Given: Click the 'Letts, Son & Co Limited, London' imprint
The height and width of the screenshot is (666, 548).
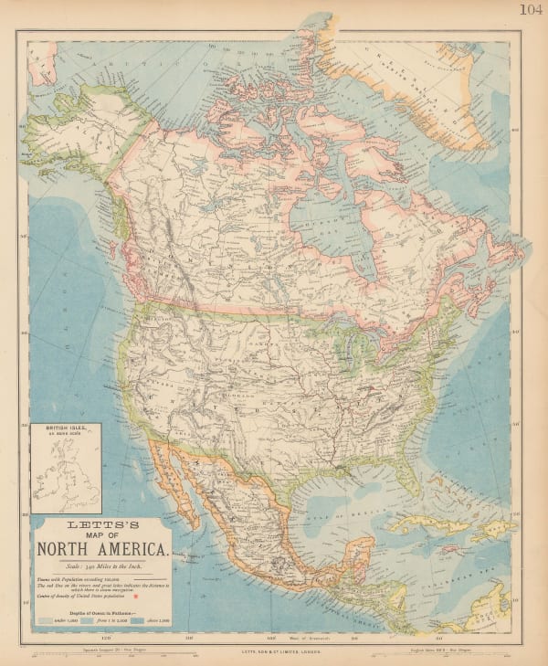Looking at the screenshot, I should click(273, 650).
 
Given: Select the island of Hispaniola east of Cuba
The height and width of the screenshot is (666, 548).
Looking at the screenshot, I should click(482, 533).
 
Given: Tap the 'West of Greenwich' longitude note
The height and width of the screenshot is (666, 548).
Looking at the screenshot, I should click(300, 637).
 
